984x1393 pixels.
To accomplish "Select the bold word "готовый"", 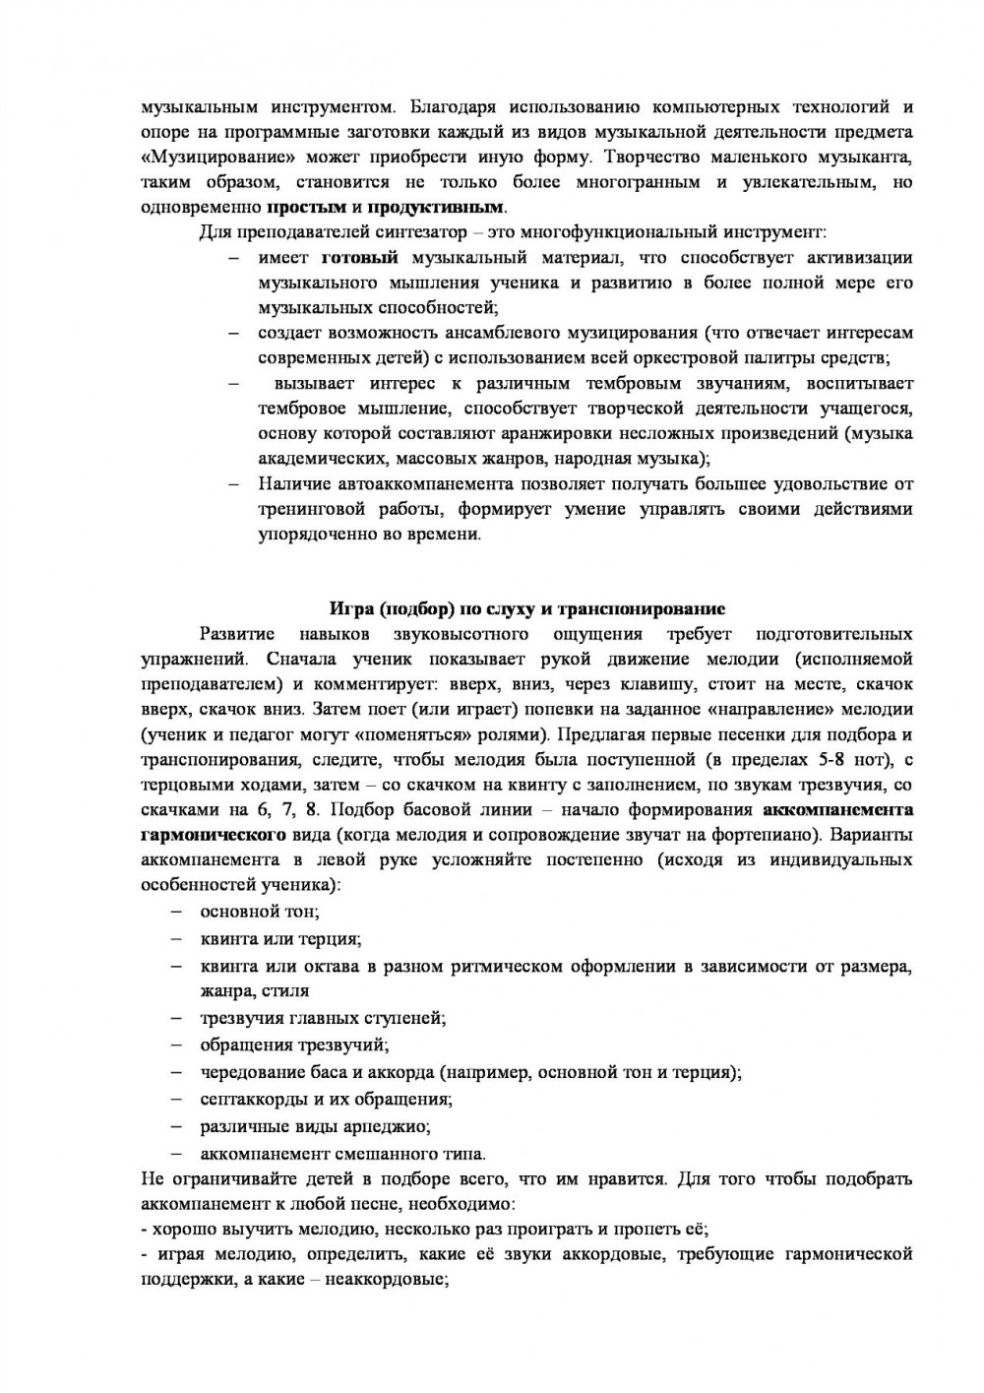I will (x=360, y=258).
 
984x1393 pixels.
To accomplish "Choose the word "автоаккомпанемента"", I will (x=424, y=484).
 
